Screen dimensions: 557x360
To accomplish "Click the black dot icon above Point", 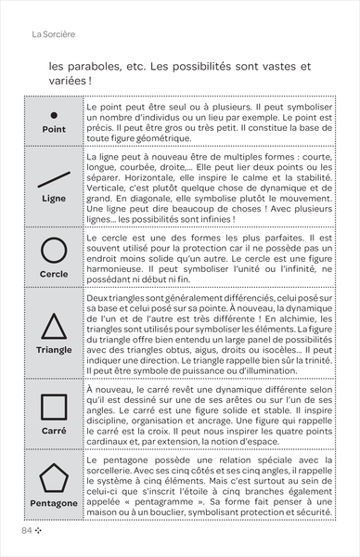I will [54, 114].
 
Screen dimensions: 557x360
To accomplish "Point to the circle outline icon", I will [54, 251].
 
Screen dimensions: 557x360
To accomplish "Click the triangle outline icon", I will [54, 326].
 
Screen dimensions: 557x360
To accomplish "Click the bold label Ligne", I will [54, 199].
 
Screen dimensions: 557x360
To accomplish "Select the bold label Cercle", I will [54, 275].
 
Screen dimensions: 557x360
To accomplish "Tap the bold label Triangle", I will [54, 350].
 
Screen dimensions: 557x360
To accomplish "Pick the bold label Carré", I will [54, 431].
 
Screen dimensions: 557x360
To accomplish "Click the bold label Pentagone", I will [54, 503].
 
